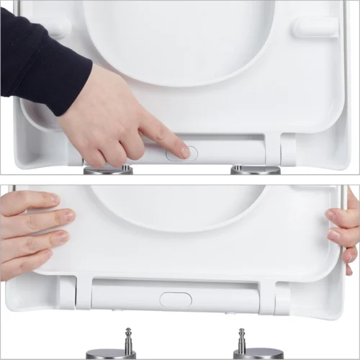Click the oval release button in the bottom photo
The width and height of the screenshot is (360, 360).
tap(175, 299)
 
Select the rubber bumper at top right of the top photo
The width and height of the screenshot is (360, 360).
tap(315, 27)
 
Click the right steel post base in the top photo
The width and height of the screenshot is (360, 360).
tap(255, 171)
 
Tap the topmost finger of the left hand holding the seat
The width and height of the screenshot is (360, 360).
tap(36, 199)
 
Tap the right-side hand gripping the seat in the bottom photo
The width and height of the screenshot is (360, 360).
tap(344, 230)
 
